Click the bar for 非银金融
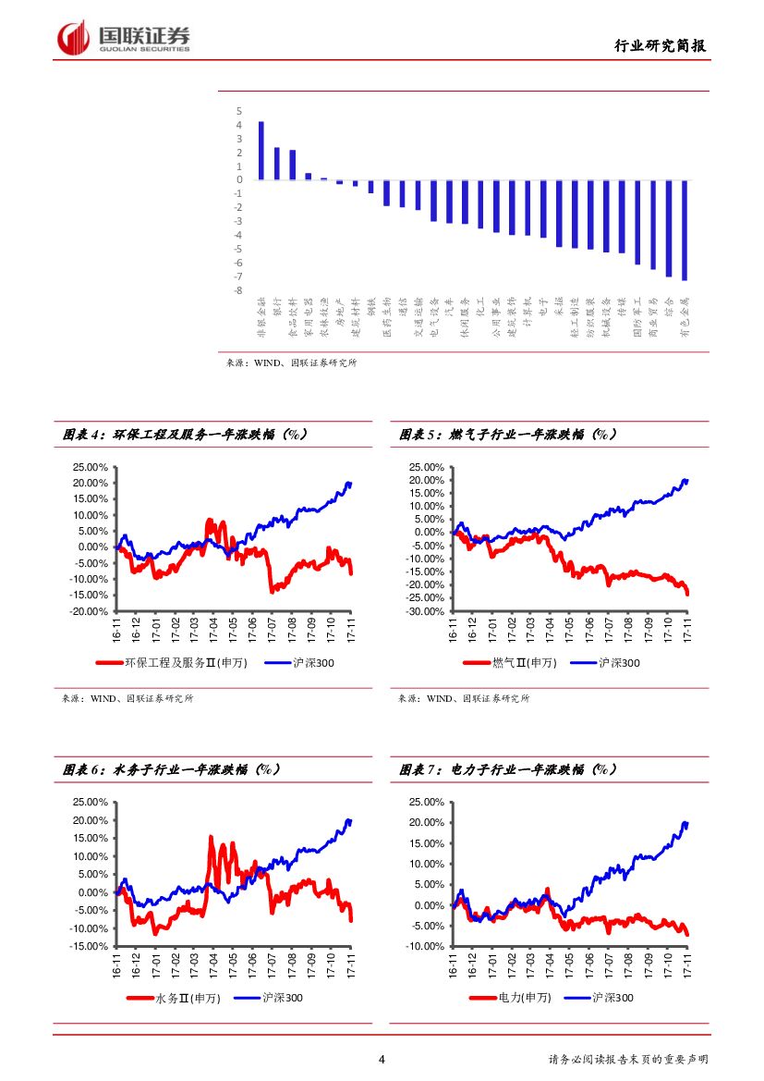coord(261,151)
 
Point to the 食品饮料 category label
coord(293,320)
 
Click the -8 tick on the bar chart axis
coord(238,290)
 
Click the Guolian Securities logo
coord(124,38)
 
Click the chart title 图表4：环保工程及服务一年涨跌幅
coord(185,434)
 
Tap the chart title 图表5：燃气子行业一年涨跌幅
coord(508,434)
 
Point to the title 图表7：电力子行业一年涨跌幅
coord(508,769)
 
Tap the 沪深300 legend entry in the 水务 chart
coord(269,998)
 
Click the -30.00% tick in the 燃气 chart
coord(426,611)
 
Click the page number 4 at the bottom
coord(382,1060)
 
